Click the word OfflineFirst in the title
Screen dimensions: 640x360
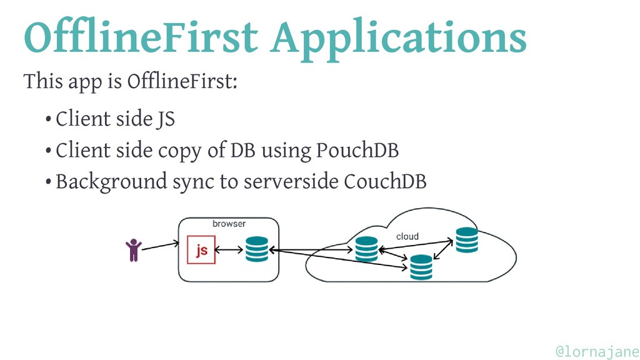point(141,36)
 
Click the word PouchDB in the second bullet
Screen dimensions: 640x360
point(357,150)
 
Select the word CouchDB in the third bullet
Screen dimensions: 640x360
point(385,181)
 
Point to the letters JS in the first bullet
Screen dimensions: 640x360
point(166,119)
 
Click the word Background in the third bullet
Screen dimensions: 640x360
point(111,182)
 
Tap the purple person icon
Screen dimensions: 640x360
point(134,250)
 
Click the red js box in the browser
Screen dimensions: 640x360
point(201,250)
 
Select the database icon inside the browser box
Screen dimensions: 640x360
point(257,249)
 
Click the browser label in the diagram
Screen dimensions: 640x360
point(229,224)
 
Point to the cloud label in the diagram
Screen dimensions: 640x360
point(407,236)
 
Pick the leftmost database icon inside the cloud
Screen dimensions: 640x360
point(366,249)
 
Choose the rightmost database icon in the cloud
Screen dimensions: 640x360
point(467,240)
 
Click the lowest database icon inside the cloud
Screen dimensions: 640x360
point(421,267)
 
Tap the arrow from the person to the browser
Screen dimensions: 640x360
point(161,246)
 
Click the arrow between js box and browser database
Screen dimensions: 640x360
point(229,249)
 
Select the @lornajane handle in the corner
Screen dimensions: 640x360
point(597,351)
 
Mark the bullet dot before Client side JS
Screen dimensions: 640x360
point(48,119)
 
